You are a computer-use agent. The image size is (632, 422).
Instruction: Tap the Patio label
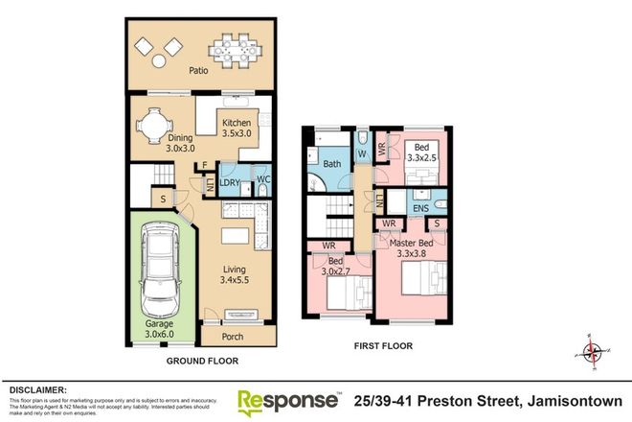pos(198,70)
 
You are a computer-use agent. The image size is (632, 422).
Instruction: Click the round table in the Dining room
pos(153,125)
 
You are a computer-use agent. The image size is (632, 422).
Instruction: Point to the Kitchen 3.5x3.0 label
pos(237,129)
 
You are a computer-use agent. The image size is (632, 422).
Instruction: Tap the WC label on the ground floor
pos(260,181)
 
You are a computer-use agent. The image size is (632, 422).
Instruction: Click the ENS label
pos(420,206)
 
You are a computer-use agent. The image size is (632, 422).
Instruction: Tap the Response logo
pos(287,399)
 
